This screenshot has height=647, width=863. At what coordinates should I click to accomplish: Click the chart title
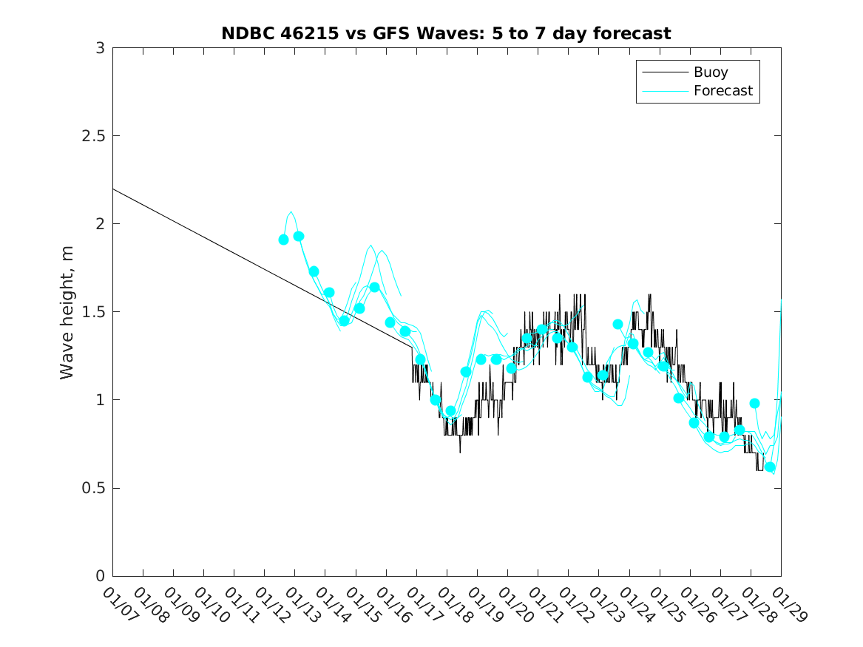(x=446, y=33)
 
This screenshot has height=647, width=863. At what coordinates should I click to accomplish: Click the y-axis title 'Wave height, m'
(x=67, y=312)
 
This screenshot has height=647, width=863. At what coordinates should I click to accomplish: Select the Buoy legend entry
(x=710, y=72)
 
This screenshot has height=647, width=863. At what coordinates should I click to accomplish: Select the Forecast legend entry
(x=722, y=91)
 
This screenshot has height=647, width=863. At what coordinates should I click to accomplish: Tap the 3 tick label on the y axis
(x=99, y=48)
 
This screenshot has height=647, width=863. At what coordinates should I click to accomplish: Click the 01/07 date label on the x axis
(x=118, y=606)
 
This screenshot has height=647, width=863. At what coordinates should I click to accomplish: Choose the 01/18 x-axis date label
(x=452, y=606)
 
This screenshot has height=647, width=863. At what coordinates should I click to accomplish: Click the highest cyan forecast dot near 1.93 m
(x=299, y=237)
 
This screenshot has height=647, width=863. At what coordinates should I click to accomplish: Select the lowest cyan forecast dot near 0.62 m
(x=770, y=467)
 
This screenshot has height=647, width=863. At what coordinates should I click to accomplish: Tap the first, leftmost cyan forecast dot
(x=283, y=240)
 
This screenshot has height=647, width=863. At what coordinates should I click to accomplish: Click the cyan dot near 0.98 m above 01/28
(x=754, y=404)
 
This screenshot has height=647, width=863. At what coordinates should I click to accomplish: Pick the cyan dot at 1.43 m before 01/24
(x=617, y=325)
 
